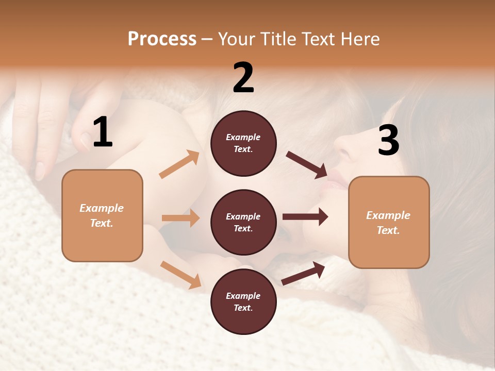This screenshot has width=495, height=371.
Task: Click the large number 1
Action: [103, 132]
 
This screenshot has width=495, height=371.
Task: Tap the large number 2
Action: [243, 78]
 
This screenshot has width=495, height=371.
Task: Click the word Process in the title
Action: [162, 39]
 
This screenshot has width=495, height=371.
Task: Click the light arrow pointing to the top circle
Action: [179, 164]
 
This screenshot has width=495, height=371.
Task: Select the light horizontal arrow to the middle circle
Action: [180, 218]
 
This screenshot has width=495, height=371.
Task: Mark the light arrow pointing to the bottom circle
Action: [180, 275]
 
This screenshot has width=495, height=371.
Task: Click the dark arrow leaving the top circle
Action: [307, 164]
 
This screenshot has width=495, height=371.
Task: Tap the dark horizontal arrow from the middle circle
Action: [305, 217]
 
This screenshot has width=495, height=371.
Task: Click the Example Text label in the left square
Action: [102, 215]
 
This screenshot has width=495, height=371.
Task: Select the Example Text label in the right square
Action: [388, 223]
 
